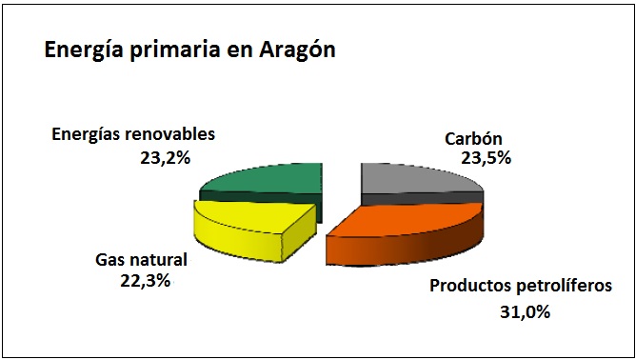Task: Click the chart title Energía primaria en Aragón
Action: (x=189, y=50)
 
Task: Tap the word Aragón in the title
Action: (x=297, y=50)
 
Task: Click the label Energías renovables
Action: (x=133, y=134)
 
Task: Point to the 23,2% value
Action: (x=165, y=158)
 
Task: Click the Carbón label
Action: (x=473, y=139)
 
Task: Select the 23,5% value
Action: (x=486, y=158)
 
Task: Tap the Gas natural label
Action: (x=141, y=260)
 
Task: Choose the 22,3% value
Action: (x=145, y=280)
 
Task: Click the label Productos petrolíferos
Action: (x=521, y=286)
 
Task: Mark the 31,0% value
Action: (x=525, y=312)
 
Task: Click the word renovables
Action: (x=171, y=134)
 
